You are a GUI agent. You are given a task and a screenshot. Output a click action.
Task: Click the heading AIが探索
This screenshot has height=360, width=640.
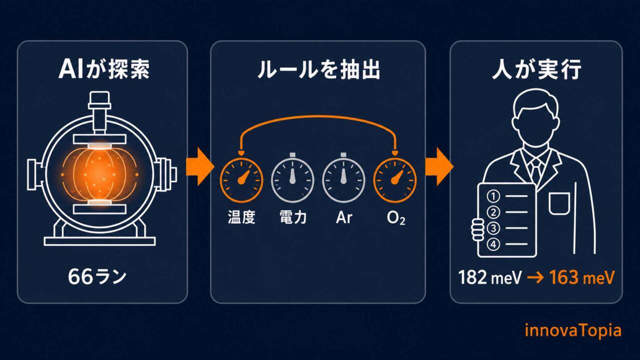click(103, 69)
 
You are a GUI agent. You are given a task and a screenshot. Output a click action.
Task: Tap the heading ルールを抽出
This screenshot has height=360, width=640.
click(318, 69)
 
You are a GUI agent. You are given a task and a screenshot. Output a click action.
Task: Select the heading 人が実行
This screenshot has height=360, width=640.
click(536, 69)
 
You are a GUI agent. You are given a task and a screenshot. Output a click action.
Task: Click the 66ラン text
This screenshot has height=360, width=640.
click(97, 276)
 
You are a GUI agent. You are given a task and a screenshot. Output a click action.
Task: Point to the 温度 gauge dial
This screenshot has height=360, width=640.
click(241, 180)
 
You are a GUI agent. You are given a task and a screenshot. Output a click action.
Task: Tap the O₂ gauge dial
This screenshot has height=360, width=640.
click(395, 180)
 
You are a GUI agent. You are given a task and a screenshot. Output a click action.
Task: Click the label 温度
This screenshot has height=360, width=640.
click(241, 217)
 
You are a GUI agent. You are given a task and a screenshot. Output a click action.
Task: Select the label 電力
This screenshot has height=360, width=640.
click(293, 217)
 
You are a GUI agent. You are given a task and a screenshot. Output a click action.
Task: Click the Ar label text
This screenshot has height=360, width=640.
click(344, 217)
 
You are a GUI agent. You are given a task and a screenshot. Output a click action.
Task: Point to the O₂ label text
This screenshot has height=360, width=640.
click(395, 218)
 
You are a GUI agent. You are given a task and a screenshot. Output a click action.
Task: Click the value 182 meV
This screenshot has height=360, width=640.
click(490, 277)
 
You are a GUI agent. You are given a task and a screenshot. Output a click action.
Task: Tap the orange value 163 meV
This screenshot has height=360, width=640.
click(581, 277)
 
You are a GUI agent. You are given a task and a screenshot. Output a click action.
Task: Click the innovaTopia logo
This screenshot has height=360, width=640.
click(573, 331)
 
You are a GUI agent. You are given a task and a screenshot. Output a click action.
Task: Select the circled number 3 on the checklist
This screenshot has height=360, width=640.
click(493, 228)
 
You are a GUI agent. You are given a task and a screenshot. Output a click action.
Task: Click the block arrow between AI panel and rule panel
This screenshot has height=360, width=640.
click(200, 167)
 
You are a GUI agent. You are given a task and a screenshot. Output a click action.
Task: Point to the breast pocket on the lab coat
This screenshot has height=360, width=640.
click(559, 203)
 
